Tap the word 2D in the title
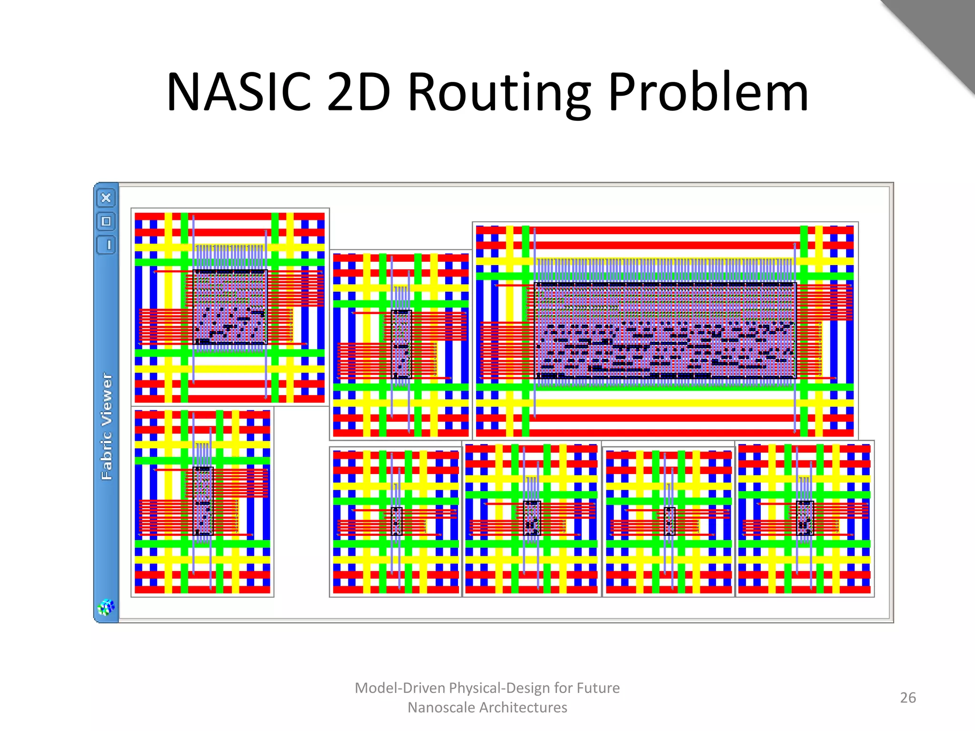pos(358,92)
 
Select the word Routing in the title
pos(499,92)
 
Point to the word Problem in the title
pos(708,92)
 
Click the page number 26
pos(908,698)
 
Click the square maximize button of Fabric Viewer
pos(106,221)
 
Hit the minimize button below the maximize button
pos(106,245)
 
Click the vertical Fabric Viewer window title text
pos(107,426)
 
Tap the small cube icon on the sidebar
pos(106,607)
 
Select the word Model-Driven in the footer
pos(400,688)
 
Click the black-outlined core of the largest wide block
pos(665,330)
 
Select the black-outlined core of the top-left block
pos(230,306)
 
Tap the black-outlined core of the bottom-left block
pos(203,501)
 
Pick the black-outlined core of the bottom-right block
pos(805,518)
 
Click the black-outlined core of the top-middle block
pos(401,344)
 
